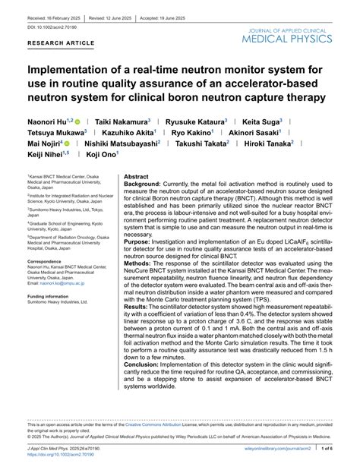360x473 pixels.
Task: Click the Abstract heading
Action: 136,175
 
